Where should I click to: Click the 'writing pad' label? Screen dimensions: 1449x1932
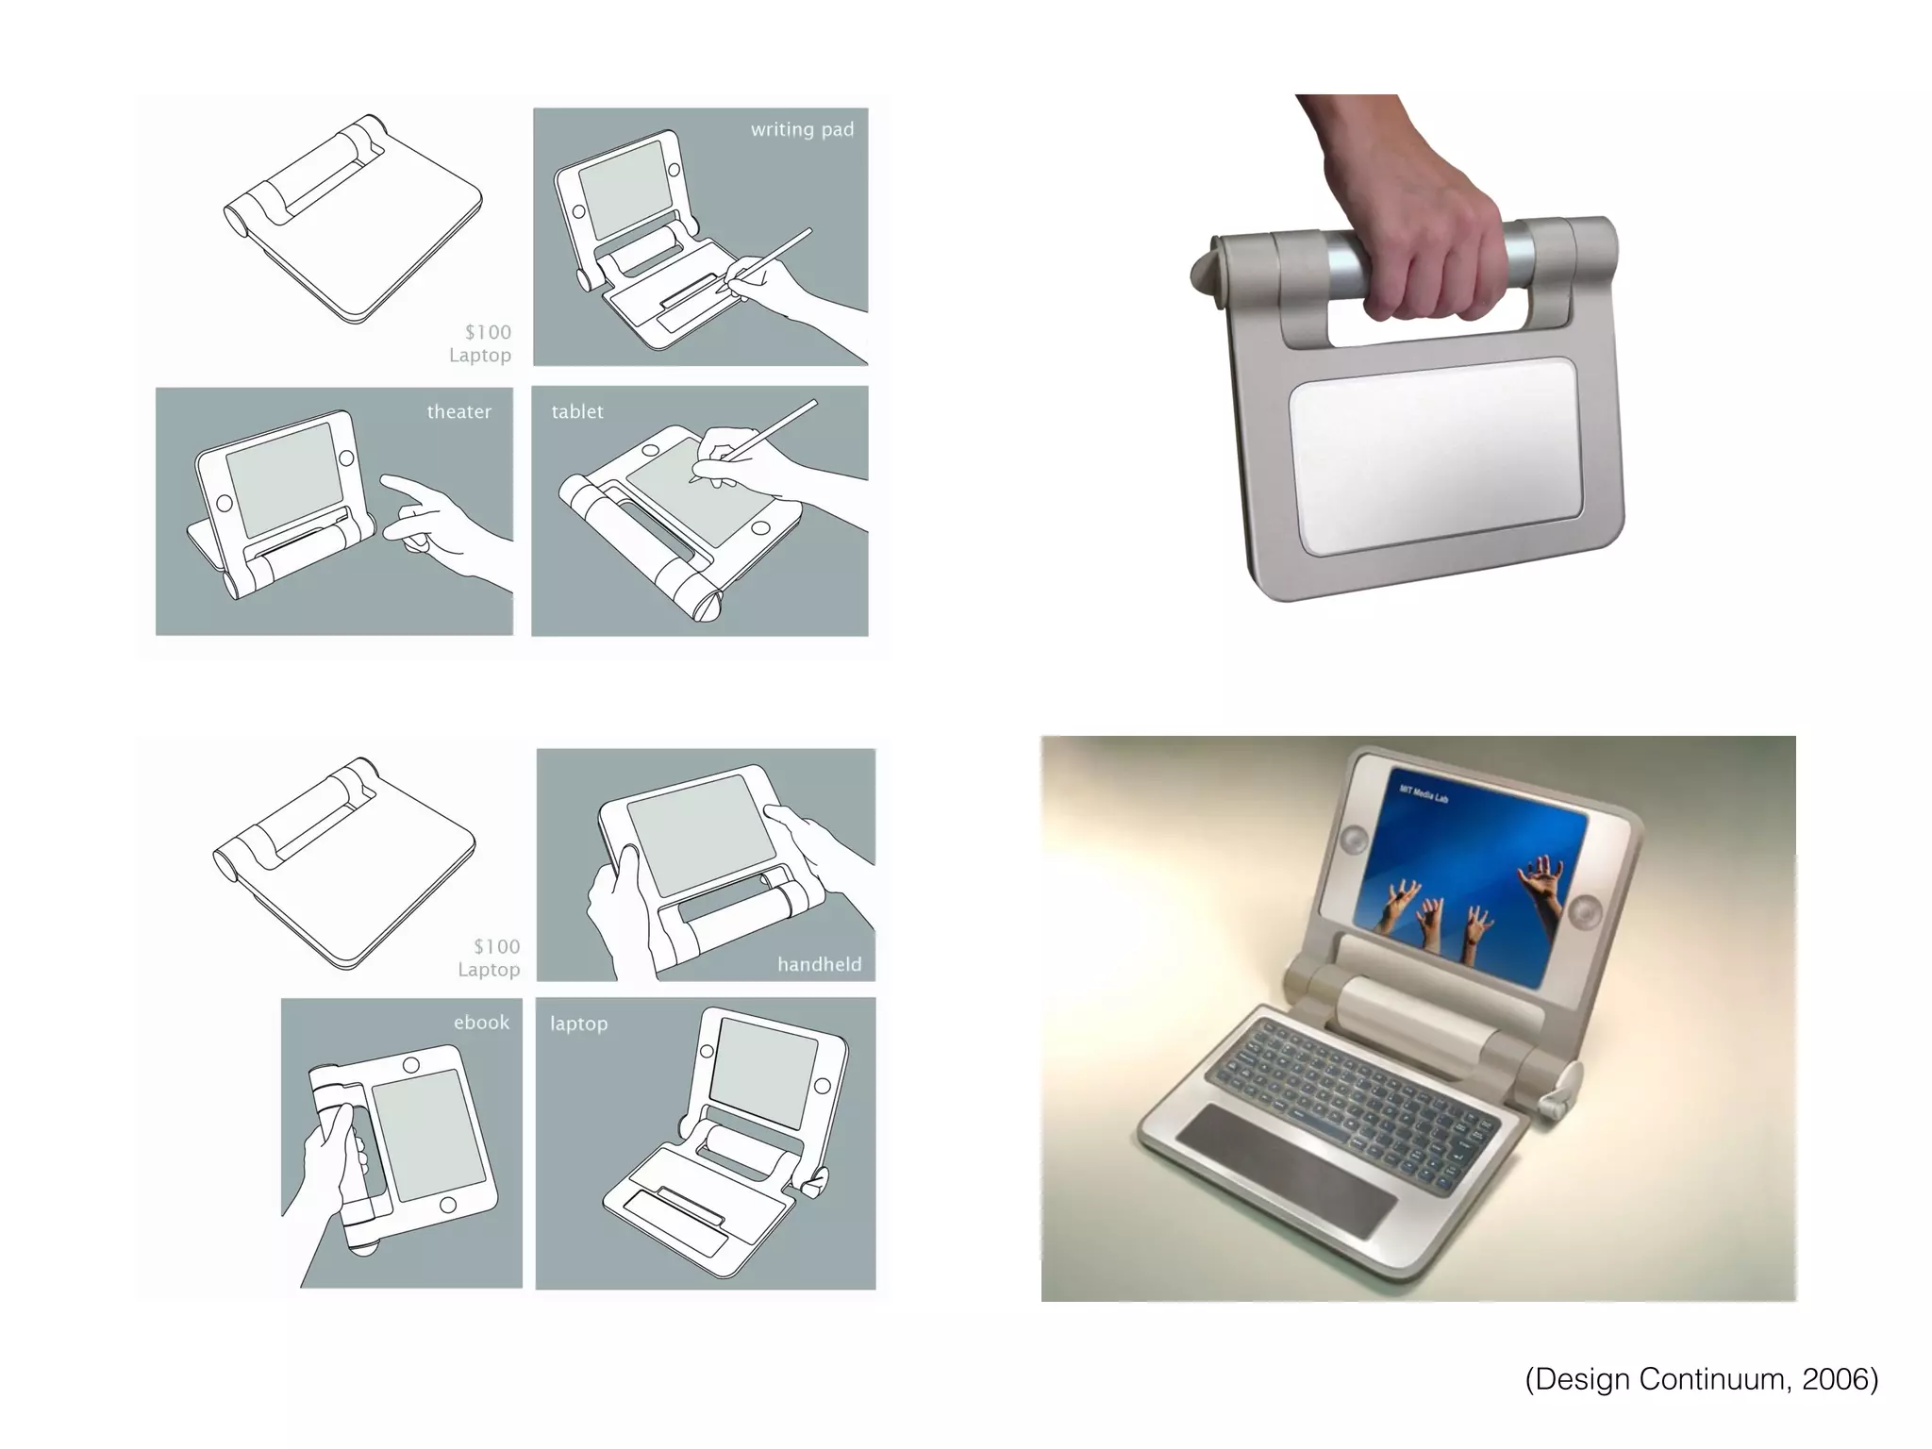pos(802,130)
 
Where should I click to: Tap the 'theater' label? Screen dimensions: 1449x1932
pos(458,412)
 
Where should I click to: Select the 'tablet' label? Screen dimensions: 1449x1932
pos(577,412)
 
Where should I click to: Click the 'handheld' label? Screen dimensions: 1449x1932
pos(819,964)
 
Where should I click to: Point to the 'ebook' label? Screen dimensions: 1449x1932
pos(481,1023)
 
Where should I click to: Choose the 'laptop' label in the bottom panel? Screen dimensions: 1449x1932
pos(578,1024)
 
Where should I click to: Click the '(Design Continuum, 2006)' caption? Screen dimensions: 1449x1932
pos(1701,1379)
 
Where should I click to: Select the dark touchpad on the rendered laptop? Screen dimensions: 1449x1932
pos(1288,1170)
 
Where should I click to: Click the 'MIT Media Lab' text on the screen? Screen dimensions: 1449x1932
pos(1424,794)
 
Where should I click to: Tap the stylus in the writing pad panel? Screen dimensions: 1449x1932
pos(769,255)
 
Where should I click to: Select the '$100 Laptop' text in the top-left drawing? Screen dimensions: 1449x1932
pos(481,343)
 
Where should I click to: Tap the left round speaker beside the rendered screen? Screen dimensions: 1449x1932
pos(1356,838)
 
